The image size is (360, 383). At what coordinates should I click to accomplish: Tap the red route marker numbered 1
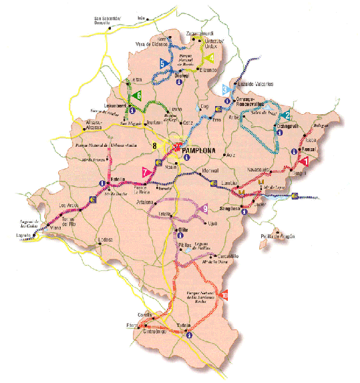click(x=305, y=161)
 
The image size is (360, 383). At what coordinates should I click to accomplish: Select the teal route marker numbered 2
click(x=286, y=115)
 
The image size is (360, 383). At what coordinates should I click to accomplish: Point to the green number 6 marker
click(x=138, y=96)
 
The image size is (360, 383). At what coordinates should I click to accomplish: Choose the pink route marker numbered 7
click(x=144, y=172)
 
